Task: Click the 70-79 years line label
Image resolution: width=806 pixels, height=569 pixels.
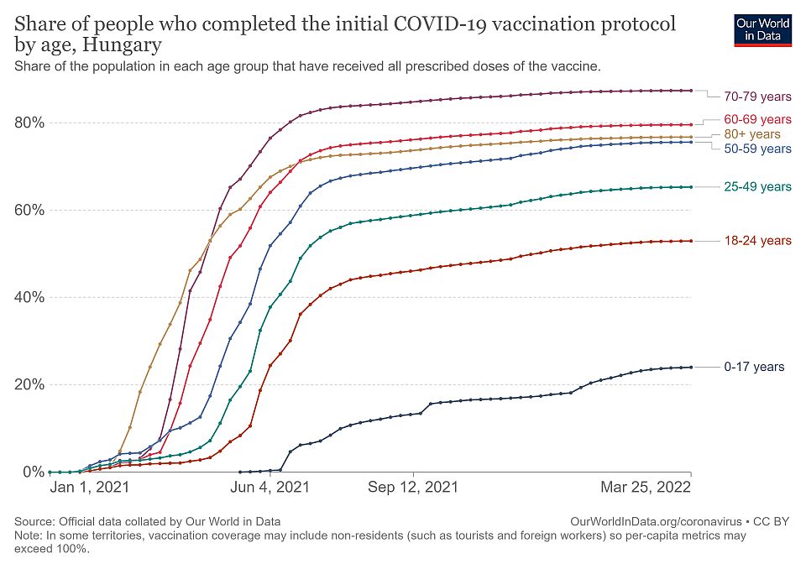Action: point(756,96)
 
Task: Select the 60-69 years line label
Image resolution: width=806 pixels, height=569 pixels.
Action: point(756,119)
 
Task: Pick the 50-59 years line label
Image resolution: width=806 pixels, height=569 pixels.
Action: point(756,149)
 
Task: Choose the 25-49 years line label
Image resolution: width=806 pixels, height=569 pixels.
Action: point(756,186)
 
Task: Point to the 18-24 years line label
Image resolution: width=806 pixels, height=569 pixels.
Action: point(756,241)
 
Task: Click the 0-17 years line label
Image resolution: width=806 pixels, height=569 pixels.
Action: point(753,367)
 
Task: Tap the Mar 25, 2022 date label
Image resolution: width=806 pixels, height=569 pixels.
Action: point(645,487)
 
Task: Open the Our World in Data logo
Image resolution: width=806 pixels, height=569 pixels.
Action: point(762,29)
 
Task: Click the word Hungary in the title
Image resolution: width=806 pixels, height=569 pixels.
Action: point(124,44)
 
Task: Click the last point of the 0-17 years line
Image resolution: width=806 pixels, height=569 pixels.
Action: point(690,367)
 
